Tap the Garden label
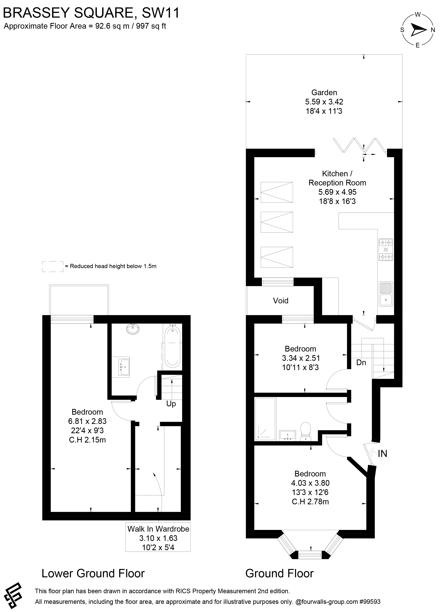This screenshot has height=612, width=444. click(x=324, y=93)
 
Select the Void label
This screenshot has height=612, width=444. click(x=280, y=301)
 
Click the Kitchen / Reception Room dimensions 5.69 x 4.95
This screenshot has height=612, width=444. click(x=337, y=192)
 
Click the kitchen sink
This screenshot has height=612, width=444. click(x=386, y=294)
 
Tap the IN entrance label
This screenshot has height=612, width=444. click(x=382, y=454)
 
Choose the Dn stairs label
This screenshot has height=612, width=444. click(x=361, y=362)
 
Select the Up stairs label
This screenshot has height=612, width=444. click(x=171, y=404)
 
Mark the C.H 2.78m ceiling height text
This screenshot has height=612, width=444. click(x=310, y=502)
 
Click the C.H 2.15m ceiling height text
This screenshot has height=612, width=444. click(x=87, y=440)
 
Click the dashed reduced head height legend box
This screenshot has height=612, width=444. click(x=53, y=266)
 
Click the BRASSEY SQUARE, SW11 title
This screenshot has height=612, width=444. click(x=91, y=13)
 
